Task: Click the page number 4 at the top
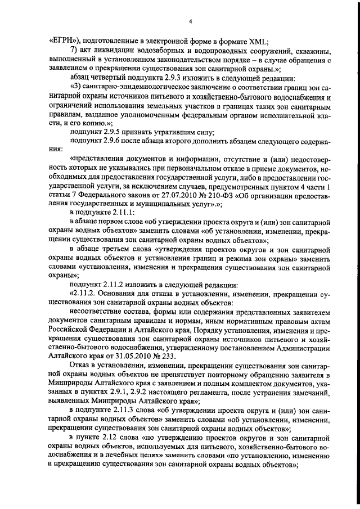pos(191,21)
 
